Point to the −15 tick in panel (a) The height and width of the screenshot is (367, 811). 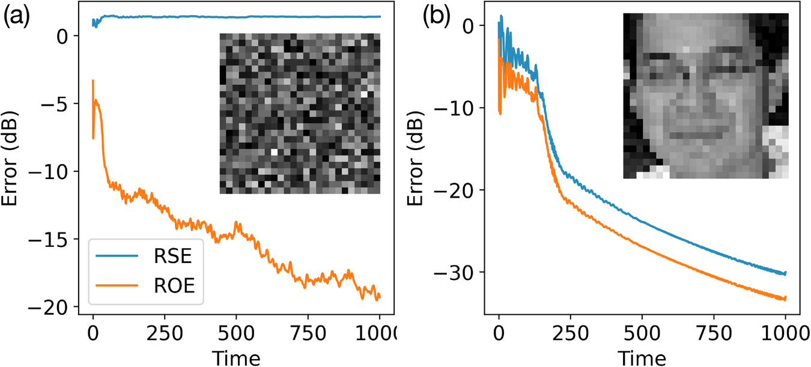(58, 239)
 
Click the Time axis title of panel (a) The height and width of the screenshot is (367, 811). (236, 358)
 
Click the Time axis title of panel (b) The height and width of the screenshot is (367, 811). (642, 358)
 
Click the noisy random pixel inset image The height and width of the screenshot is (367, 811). (300, 114)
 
